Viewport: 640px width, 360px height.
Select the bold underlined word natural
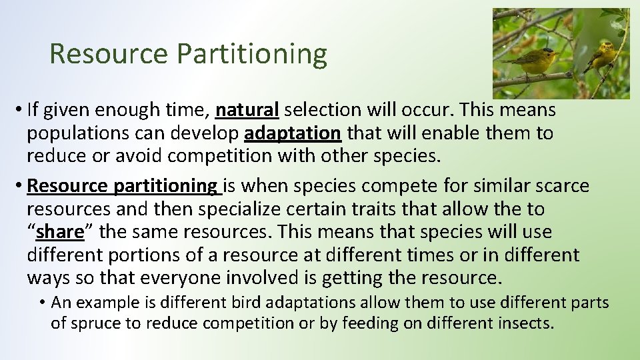[247, 109]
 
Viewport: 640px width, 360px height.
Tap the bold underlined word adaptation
[293, 133]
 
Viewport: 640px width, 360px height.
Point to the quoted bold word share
[60, 233]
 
